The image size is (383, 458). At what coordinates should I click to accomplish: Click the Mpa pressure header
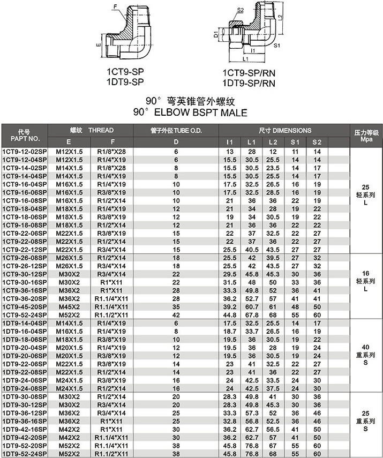click(366, 138)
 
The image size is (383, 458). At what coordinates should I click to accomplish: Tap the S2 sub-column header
click(317, 142)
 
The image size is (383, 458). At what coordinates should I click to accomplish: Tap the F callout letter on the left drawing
click(114, 6)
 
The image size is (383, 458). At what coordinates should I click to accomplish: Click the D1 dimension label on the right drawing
click(216, 36)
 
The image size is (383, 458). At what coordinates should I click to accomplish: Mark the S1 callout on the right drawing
click(277, 46)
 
